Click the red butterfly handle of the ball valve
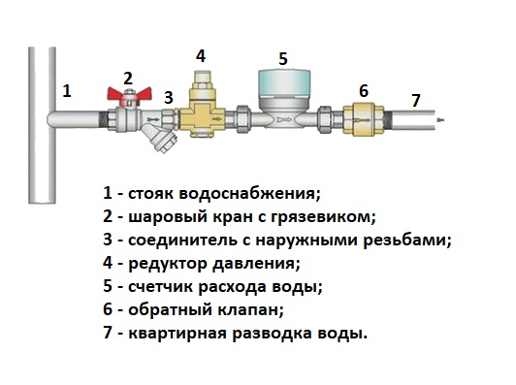tap(129, 94)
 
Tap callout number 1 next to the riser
tap(67, 91)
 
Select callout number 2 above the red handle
tap(128, 79)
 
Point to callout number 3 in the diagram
tap(168, 98)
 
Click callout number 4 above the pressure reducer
tap(201, 56)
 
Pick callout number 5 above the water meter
tap(283, 58)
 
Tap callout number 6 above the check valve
tap(364, 91)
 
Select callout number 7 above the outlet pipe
tap(416, 100)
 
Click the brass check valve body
tap(364, 119)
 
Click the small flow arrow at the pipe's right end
tap(441, 119)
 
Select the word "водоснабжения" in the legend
tap(249, 194)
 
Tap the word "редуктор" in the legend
tap(168, 264)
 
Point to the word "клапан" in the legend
tap(250, 310)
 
